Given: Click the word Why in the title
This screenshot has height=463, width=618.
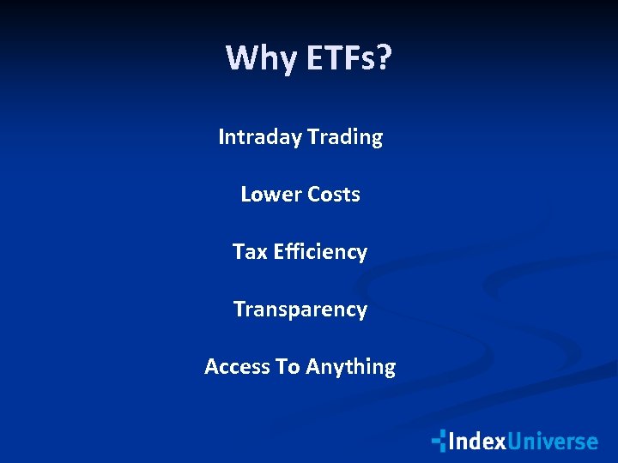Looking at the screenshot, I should click(255, 58).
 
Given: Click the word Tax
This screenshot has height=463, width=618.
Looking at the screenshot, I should click(250, 252).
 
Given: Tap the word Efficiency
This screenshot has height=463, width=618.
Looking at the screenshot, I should click(320, 252).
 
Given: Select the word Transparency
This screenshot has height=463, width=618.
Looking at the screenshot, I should click(300, 310).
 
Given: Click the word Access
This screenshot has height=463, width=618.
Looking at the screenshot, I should click(237, 367).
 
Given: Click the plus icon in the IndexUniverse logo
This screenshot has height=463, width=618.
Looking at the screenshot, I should click(439, 441).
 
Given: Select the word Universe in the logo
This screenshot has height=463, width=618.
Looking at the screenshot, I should click(552, 442).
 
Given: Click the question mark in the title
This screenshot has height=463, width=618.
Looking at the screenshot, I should click(384, 58).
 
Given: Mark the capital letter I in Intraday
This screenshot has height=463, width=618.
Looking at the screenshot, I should click(222, 137).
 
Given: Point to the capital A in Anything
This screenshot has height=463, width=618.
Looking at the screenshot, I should click(312, 367).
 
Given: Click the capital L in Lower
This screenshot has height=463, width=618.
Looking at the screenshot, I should click(245, 195).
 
